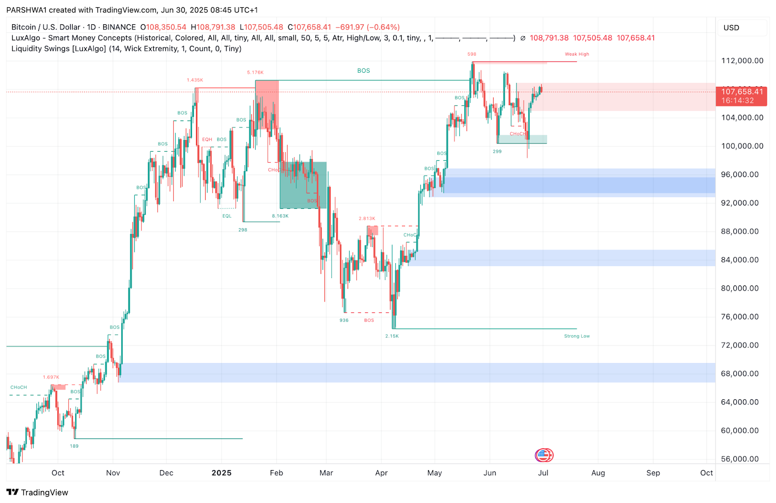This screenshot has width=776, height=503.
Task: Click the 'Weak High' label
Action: pyautogui.click(x=577, y=54)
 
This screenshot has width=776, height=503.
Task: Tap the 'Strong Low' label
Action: pyautogui.click(x=577, y=336)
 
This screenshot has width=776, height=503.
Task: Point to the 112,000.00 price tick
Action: pyautogui.click(x=742, y=61)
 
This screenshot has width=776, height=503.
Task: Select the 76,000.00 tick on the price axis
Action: pyautogui.click(x=740, y=317)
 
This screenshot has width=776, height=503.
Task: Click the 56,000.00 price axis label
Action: pyautogui.click(x=740, y=459)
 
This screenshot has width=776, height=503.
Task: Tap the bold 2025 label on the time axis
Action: pyautogui.click(x=221, y=473)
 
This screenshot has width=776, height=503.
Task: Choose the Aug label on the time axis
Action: pyautogui.click(x=598, y=473)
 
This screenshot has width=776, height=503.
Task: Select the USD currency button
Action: pyautogui.click(x=731, y=28)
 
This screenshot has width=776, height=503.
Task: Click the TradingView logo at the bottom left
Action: pyautogui.click(x=38, y=492)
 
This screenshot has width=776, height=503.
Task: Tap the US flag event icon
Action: pyautogui.click(x=544, y=455)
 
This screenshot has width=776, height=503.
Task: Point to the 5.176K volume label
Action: pyautogui.click(x=255, y=73)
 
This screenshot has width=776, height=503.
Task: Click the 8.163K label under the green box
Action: pyautogui.click(x=280, y=216)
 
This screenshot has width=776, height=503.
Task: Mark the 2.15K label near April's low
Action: pyautogui.click(x=392, y=336)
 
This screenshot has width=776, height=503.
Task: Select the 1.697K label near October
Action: pyautogui.click(x=51, y=377)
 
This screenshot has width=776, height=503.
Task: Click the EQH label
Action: pyautogui.click(x=207, y=140)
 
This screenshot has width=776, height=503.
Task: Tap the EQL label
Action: pyautogui.click(x=227, y=216)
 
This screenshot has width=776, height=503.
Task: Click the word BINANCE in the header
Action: pyautogui.click(x=119, y=28)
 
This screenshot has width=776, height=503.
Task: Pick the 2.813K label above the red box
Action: pyautogui.click(x=367, y=219)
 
